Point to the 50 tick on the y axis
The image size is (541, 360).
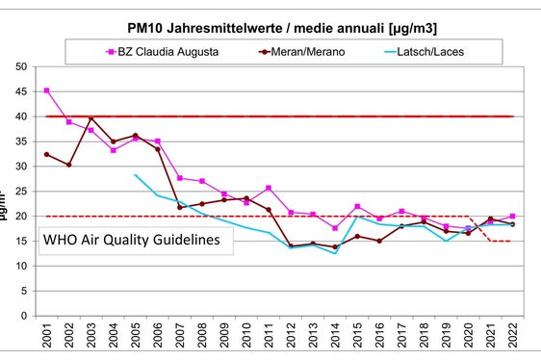click(x=20, y=66)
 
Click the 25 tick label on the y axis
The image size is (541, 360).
click(x=20, y=191)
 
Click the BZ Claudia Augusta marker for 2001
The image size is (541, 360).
click(x=47, y=90)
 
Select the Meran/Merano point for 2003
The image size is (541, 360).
click(x=91, y=118)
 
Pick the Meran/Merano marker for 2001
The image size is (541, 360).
click(x=47, y=154)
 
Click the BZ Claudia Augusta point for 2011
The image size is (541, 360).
click(x=269, y=188)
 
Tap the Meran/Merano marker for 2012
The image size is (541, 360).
click(x=291, y=245)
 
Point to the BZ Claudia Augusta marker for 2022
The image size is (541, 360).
click(x=511, y=217)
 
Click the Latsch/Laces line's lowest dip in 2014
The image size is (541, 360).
click(x=335, y=253)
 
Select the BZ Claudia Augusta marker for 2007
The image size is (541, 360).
click(x=180, y=178)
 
